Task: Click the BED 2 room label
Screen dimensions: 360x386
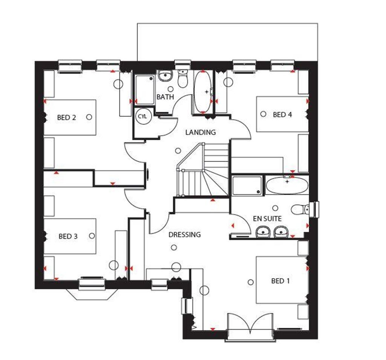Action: click(x=66, y=118)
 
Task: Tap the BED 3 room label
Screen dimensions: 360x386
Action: click(x=68, y=237)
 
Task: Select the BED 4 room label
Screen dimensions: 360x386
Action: click(x=282, y=115)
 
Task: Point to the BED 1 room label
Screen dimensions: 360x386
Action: click(x=281, y=281)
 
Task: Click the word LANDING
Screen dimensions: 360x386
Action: click(x=200, y=132)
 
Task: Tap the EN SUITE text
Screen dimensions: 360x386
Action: click(x=267, y=218)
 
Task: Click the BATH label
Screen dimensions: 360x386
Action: click(x=165, y=97)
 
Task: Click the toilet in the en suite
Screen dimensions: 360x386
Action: click(x=300, y=209)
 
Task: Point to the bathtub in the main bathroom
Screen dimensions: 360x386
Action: click(x=203, y=92)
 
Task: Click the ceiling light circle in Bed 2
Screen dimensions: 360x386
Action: click(x=89, y=117)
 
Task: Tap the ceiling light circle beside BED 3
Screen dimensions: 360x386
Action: click(x=92, y=236)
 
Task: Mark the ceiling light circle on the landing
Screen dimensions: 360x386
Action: click(x=178, y=151)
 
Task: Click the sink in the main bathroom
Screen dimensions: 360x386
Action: click(x=164, y=77)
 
